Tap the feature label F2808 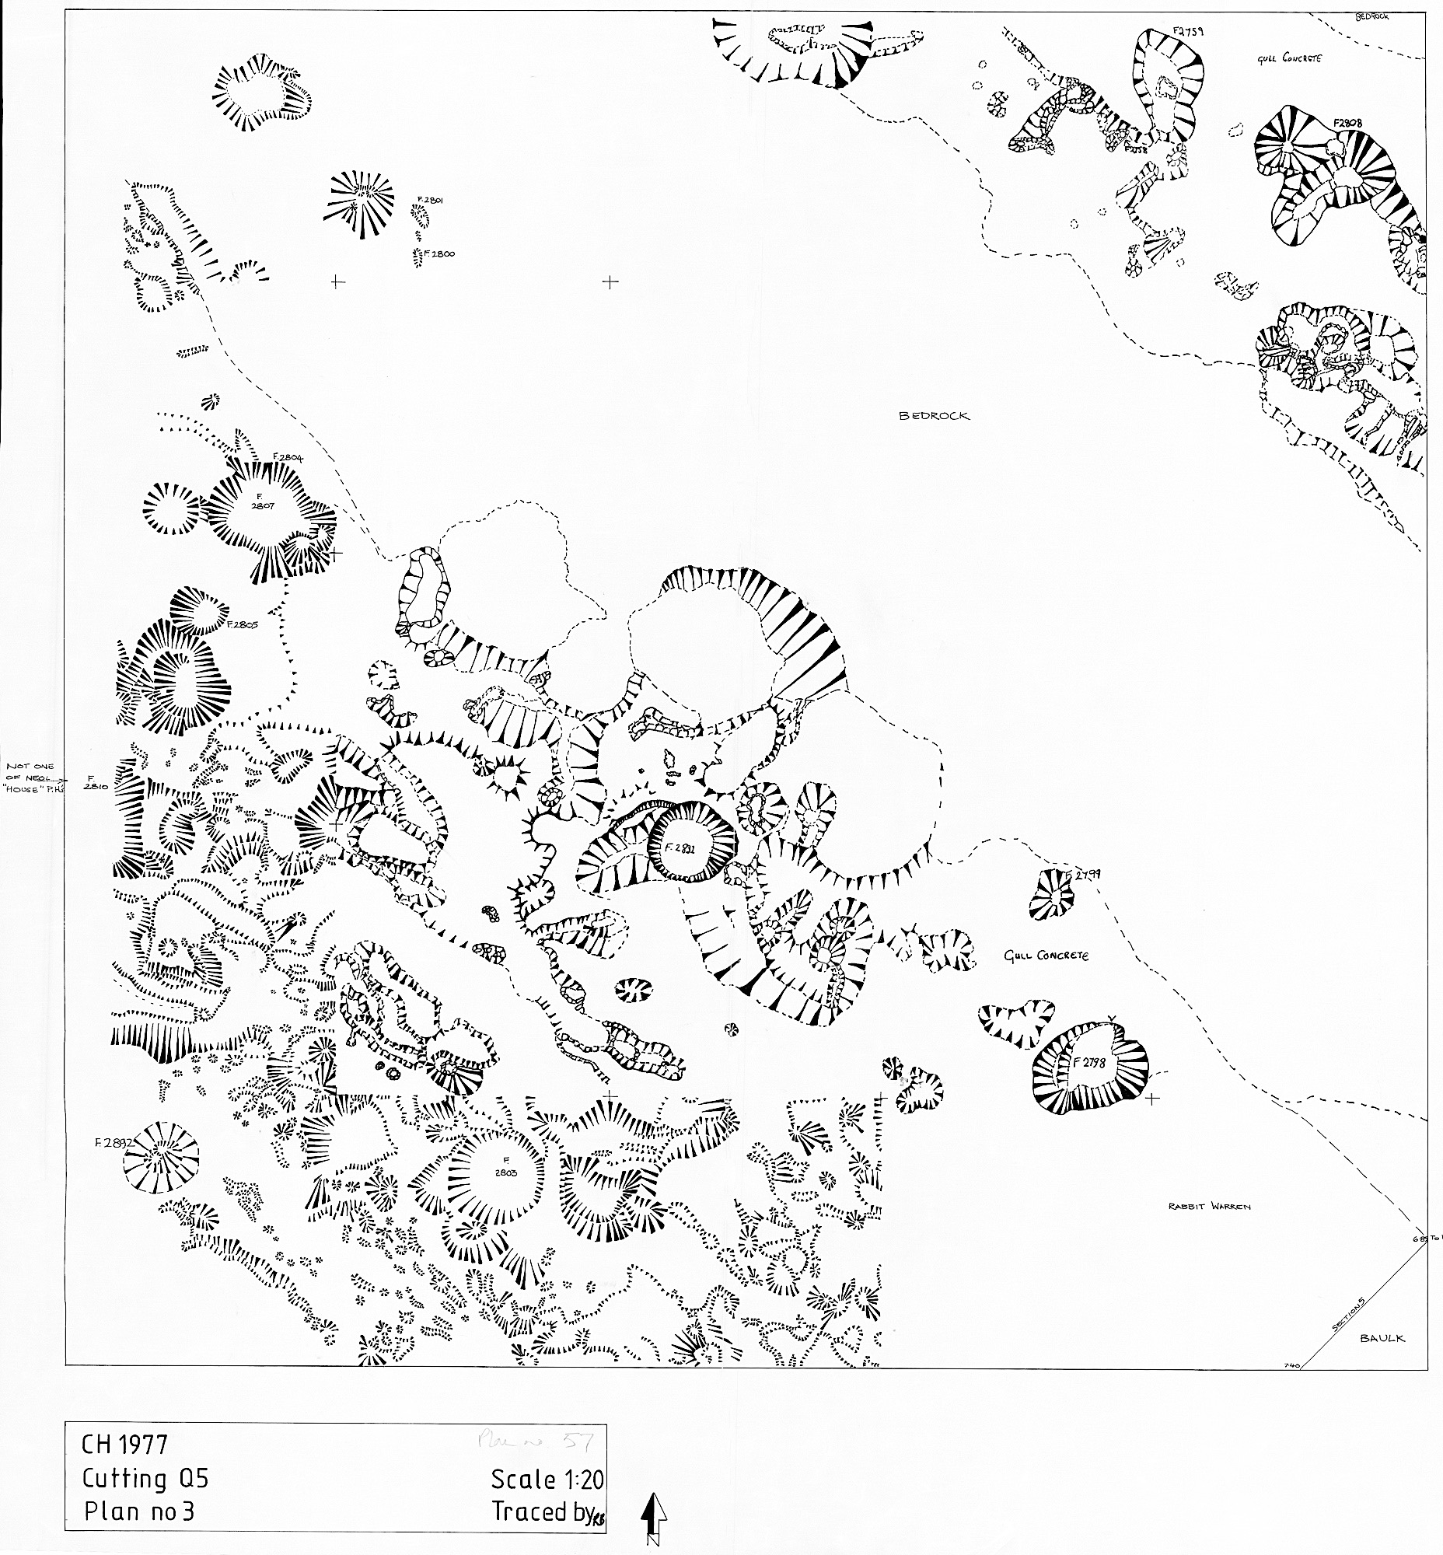tap(1347, 123)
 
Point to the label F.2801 tap(430, 201)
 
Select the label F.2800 tap(438, 253)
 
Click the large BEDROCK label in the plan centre tap(934, 416)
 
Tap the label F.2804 tap(288, 457)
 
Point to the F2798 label tap(1091, 1062)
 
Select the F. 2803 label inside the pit tap(505, 1166)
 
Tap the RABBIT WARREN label tap(1209, 1207)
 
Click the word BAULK tap(1382, 1338)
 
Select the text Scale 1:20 tap(547, 1480)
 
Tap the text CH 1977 tap(124, 1445)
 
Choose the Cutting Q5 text tap(145, 1479)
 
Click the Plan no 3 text tap(139, 1512)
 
